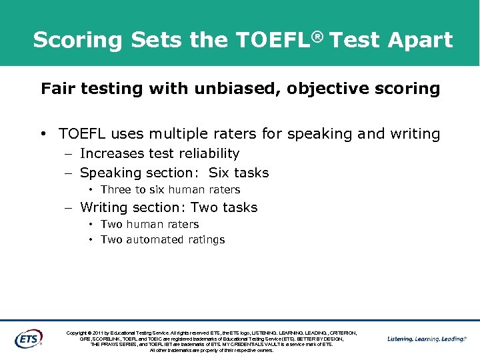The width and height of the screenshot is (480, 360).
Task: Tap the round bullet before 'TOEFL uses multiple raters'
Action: coord(43,135)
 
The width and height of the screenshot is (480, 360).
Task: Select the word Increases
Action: coord(113,153)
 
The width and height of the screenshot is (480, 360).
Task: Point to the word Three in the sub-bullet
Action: coord(117,190)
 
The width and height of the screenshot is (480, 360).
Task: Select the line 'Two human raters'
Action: coord(149,225)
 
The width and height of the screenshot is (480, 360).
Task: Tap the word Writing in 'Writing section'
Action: coord(105,208)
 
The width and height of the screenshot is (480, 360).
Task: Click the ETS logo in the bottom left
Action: coord(28,338)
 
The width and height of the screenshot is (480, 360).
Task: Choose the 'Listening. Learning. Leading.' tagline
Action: coord(427,339)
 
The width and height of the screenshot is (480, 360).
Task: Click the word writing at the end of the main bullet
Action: coord(415,135)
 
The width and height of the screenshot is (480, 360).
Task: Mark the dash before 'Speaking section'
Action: coord(69,173)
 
